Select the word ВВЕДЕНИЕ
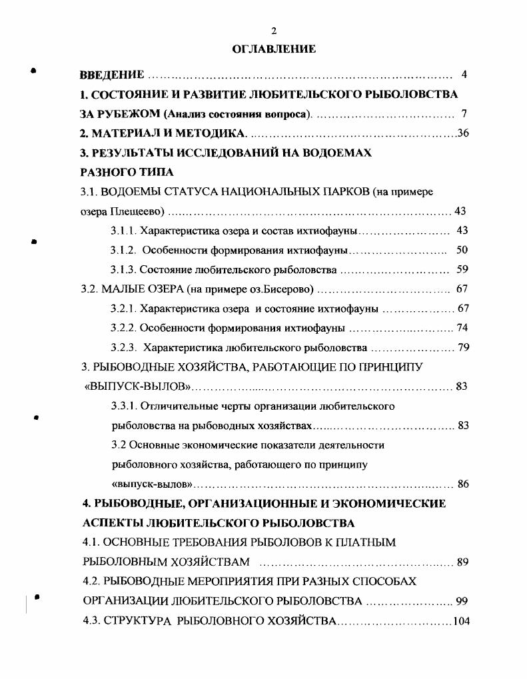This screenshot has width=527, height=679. (x=112, y=74)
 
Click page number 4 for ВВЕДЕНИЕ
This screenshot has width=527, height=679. (x=464, y=74)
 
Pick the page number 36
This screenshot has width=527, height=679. (x=463, y=133)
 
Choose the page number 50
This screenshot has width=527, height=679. (x=462, y=251)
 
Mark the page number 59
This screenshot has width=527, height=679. (x=462, y=270)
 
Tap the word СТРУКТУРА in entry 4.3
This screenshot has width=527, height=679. (x=138, y=622)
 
